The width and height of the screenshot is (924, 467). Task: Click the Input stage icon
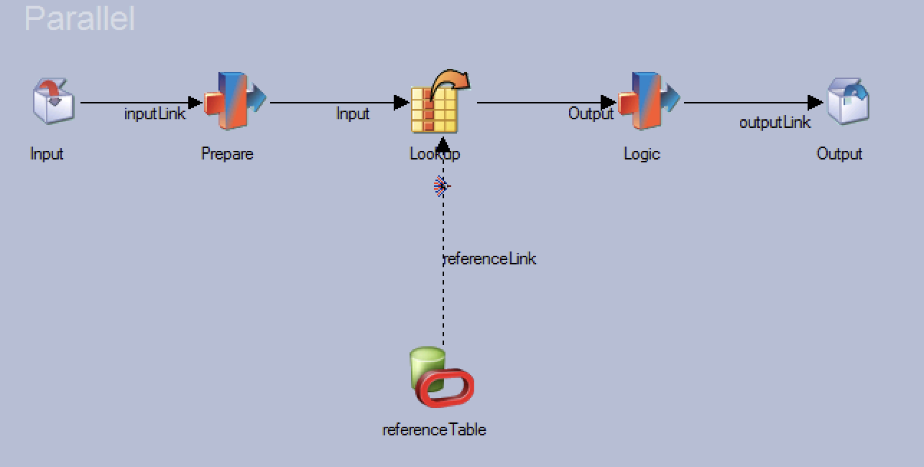pos(53,102)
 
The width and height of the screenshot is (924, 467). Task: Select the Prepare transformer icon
pos(235,101)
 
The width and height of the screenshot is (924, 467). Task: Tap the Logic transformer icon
pos(649,101)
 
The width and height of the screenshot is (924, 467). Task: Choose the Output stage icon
pos(848,102)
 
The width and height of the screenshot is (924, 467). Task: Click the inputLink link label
pos(154,114)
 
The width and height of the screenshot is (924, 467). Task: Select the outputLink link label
pos(775,123)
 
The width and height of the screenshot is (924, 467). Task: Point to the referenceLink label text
pos(490,259)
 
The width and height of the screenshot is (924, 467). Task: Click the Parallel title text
pos(80,19)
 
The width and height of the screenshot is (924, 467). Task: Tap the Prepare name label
pos(227,154)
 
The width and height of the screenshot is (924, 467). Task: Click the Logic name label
pos(642,154)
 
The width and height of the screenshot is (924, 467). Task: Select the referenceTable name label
pos(434,430)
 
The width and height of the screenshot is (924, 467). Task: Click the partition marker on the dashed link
pos(442,187)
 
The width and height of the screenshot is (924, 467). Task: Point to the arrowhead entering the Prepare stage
pos(195,103)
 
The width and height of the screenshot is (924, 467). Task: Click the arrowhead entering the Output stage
pos(815,103)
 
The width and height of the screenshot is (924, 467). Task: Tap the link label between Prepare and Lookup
pos(353,114)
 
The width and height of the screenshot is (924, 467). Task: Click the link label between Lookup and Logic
pos(591,114)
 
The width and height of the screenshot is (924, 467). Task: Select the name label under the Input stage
pos(47,154)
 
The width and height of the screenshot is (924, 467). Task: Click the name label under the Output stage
pos(839,154)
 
